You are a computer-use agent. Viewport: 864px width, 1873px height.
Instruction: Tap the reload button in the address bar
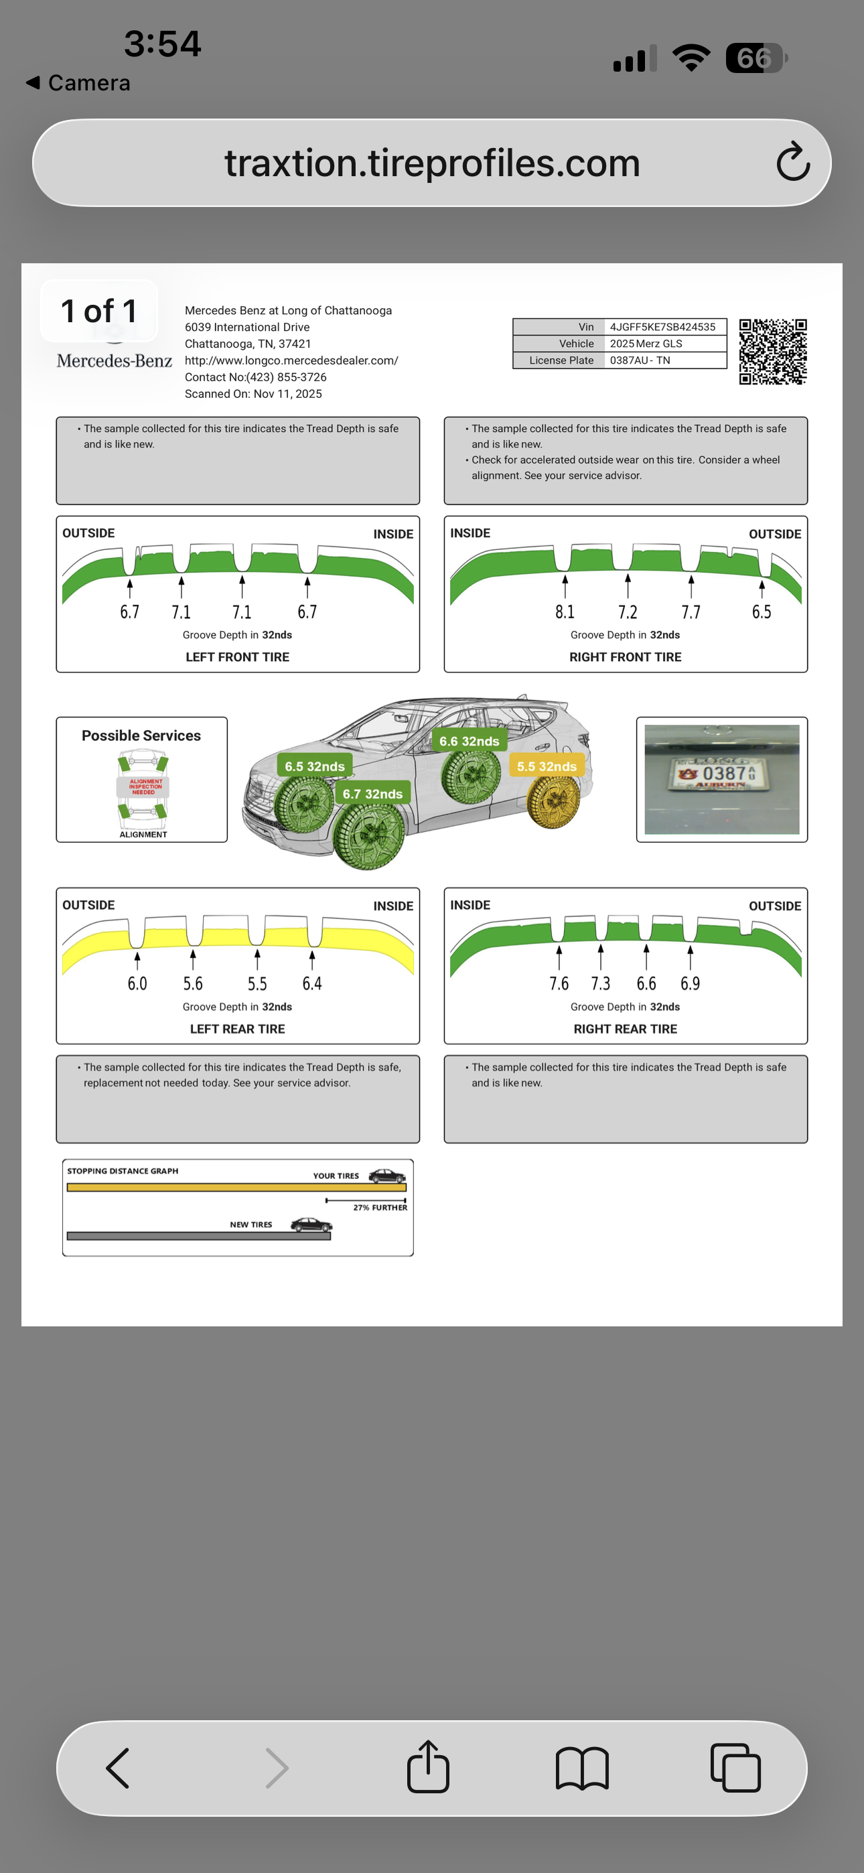793,162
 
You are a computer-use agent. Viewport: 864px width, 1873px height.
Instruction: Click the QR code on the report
772,351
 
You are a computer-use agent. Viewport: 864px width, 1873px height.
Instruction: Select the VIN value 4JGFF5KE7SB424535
662,327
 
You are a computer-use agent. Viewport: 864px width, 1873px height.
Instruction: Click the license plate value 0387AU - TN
640,360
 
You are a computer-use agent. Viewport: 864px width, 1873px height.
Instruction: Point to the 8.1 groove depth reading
565,612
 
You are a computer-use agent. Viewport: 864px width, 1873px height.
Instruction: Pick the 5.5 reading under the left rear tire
257,984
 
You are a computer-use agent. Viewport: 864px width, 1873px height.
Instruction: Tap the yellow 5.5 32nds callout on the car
547,766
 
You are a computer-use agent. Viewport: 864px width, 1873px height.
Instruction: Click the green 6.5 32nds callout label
315,766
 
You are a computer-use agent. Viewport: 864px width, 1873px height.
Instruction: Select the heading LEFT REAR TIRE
237,1029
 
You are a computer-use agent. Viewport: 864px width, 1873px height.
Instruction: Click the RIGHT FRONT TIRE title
626,657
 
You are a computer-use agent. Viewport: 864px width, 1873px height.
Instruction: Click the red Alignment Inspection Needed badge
144,786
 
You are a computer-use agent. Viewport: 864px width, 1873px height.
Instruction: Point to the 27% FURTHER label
380,1208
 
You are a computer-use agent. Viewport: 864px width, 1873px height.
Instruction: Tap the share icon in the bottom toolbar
427,1767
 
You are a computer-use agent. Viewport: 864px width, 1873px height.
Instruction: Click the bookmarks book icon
582,1768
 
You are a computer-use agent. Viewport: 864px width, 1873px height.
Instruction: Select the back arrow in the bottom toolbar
118,1768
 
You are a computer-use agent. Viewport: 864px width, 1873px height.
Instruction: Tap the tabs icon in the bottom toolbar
735,1768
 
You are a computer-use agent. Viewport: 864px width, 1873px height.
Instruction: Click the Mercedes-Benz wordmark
114,361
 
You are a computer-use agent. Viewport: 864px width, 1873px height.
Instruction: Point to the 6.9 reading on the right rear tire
690,984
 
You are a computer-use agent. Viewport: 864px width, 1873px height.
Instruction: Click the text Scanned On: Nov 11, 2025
253,394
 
